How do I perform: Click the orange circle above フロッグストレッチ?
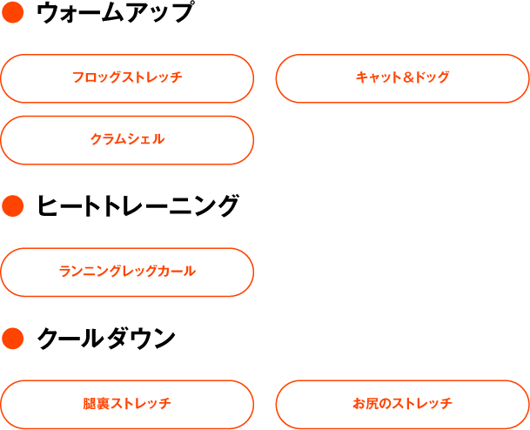pyautogui.click(x=12, y=12)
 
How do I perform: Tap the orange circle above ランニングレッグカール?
pyautogui.click(x=12, y=206)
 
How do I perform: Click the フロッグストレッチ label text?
pyautogui.click(x=127, y=77)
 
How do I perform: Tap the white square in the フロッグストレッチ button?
pyautogui.click(x=226, y=78)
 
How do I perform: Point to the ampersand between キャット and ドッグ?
pyautogui.click(x=408, y=77)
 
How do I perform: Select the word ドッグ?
pyautogui.click(x=432, y=77)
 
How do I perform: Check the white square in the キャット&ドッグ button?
pyautogui.click(x=502, y=79)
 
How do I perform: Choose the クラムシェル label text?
pyautogui.click(x=127, y=139)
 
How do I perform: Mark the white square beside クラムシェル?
pyautogui.click(x=225, y=141)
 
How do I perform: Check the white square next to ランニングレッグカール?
pyautogui.click(x=227, y=272)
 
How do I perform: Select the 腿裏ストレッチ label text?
pyautogui.click(x=127, y=404)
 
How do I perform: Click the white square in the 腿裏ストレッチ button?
pyautogui.click(x=227, y=405)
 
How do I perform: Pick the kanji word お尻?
pyautogui.click(x=363, y=404)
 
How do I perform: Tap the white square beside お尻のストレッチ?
pyautogui.click(x=501, y=406)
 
